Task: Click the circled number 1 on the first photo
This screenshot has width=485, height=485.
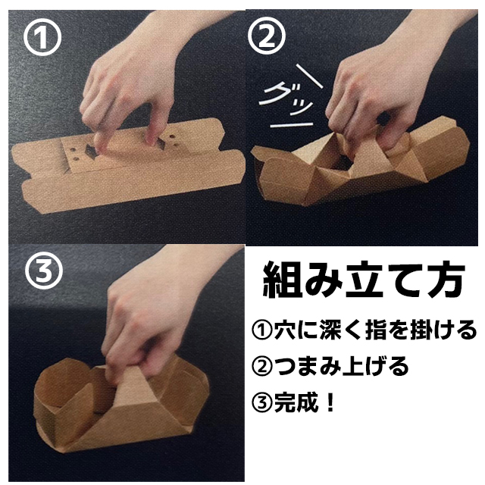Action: click(x=42, y=37)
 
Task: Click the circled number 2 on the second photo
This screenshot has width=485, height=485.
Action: click(x=267, y=36)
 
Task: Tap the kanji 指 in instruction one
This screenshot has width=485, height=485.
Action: click(x=376, y=330)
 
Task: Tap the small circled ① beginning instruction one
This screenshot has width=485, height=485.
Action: click(x=262, y=330)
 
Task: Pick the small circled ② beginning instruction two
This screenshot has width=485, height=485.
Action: click(x=262, y=366)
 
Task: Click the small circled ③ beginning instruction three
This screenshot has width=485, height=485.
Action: click(x=262, y=402)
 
